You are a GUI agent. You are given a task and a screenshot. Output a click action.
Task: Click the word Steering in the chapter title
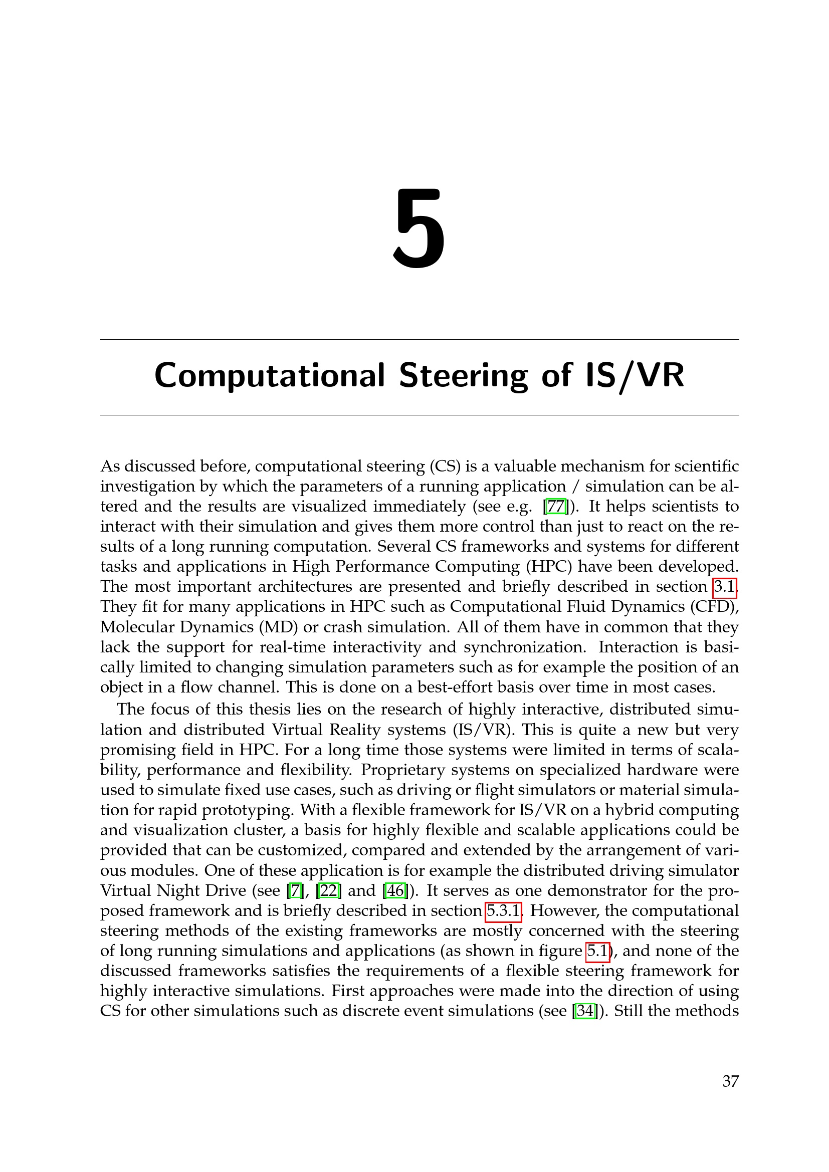pyautogui.click(x=463, y=376)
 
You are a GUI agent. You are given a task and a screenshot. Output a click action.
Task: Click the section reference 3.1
pyautogui.click(x=724, y=587)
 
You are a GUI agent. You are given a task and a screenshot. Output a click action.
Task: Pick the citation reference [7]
pyautogui.click(x=295, y=890)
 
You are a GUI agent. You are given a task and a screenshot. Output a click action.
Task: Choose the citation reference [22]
pyautogui.click(x=329, y=890)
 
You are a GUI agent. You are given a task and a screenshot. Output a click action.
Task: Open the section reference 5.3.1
pyautogui.click(x=503, y=910)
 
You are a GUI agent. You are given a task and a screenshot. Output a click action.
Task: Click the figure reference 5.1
pyautogui.click(x=597, y=951)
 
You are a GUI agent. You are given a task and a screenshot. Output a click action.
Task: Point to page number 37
pyautogui.click(x=730, y=1081)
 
